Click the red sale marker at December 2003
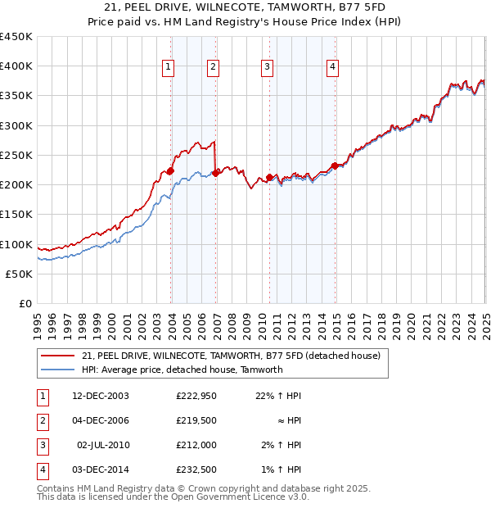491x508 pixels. pos(171,171)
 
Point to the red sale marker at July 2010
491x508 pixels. pos(269,177)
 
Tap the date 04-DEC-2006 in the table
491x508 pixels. pos(101,420)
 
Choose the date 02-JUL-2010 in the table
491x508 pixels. pos(102,445)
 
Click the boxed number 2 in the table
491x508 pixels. pos(41,420)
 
